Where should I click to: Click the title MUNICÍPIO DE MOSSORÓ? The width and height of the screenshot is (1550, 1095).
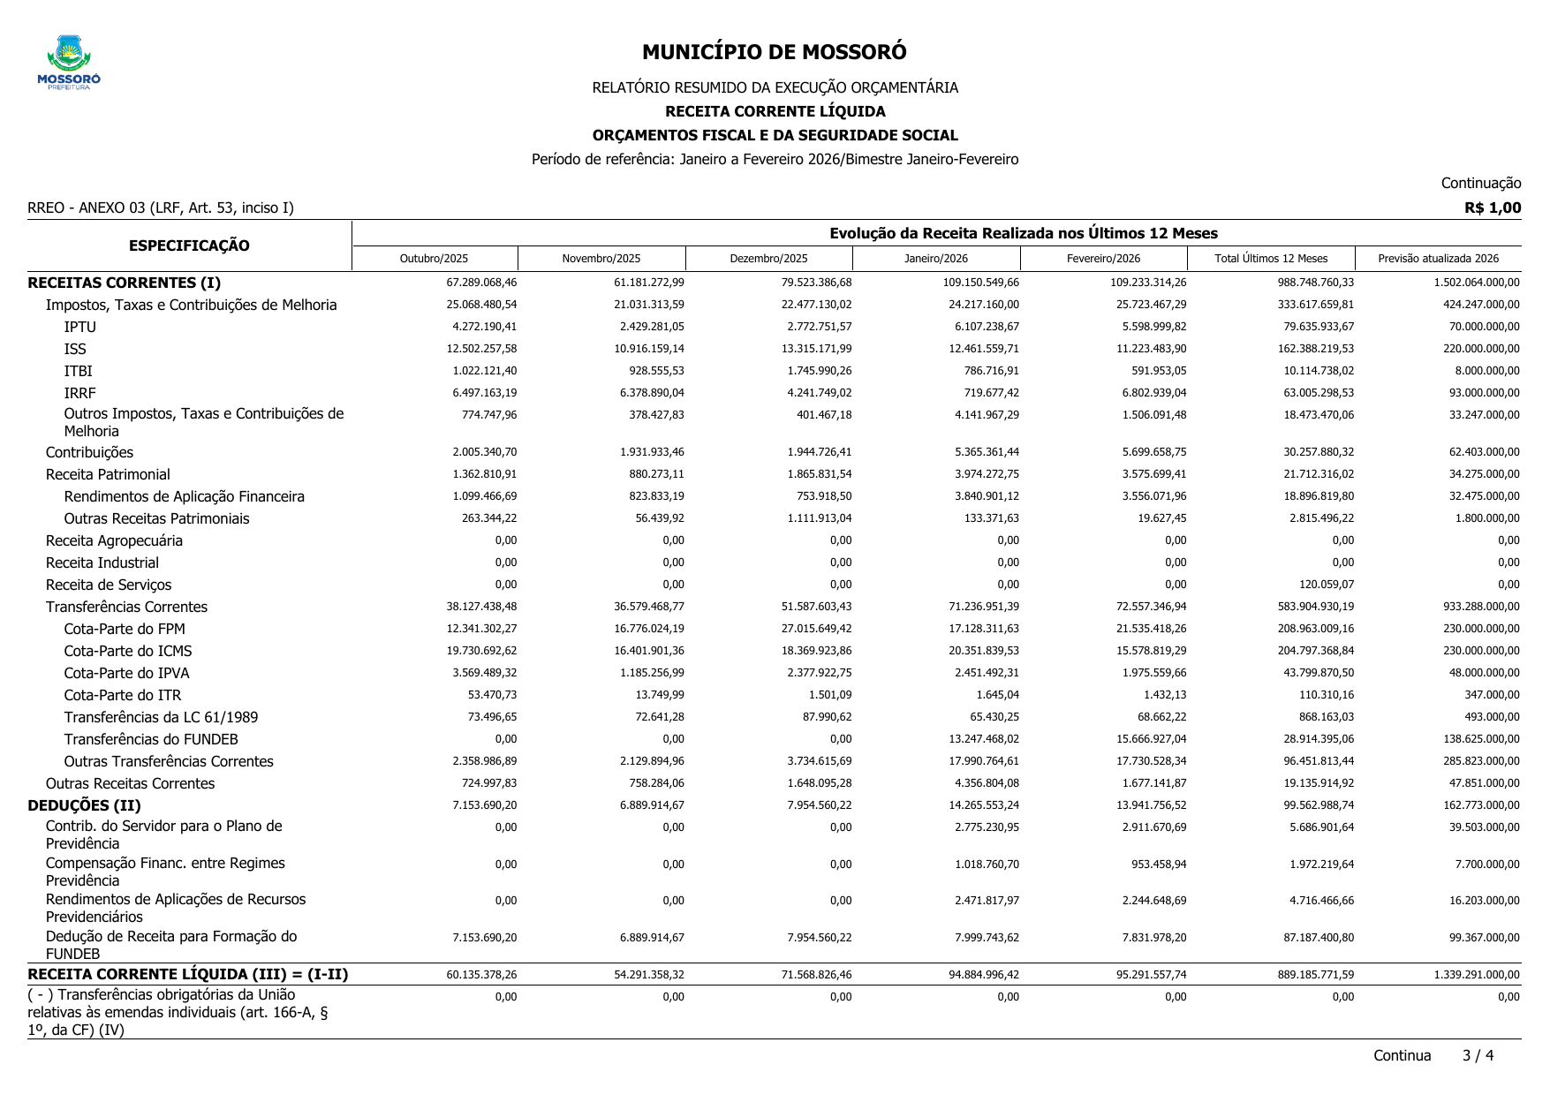pyautogui.click(x=774, y=52)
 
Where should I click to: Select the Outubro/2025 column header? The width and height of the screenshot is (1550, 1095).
pyautogui.click(x=434, y=259)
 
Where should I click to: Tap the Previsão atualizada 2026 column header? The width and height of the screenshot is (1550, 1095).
pyautogui.click(x=1438, y=259)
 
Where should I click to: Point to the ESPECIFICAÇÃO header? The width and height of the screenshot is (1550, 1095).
pyautogui.click(x=189, y=245)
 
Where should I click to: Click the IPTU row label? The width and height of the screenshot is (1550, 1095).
pyautogui.click(x=80, y=327)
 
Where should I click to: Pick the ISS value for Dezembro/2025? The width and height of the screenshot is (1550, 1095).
pyautogui.click(x=819, y=349)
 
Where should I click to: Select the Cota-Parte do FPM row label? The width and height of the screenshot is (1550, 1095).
pyautogui.click(x=125, y=629)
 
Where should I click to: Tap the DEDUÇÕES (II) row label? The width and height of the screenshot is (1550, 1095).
pyautogui.click(x=85, y=805)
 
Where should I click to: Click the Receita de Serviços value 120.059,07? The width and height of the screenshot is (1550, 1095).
pyautogui.click(x=1319, y=585)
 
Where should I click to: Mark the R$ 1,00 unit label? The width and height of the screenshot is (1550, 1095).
pyautogui.click(x=1492, y=208)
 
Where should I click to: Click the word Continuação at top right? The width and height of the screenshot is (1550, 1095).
pyautogui.click(x=1480, y=183)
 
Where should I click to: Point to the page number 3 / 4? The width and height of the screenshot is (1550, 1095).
pyautogui.click(x=1478, y=1055)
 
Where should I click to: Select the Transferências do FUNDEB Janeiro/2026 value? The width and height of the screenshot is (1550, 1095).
pyautogui.click(x=986, y=739)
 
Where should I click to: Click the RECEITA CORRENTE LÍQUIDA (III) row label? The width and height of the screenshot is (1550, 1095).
pyautogui.click(x=188, y=974)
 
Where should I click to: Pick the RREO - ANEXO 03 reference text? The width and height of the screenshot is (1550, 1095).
pyautogui.click(x=161, y=208)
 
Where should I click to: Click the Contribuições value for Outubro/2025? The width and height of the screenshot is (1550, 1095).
pyautogui.click(x=484, y=452)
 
